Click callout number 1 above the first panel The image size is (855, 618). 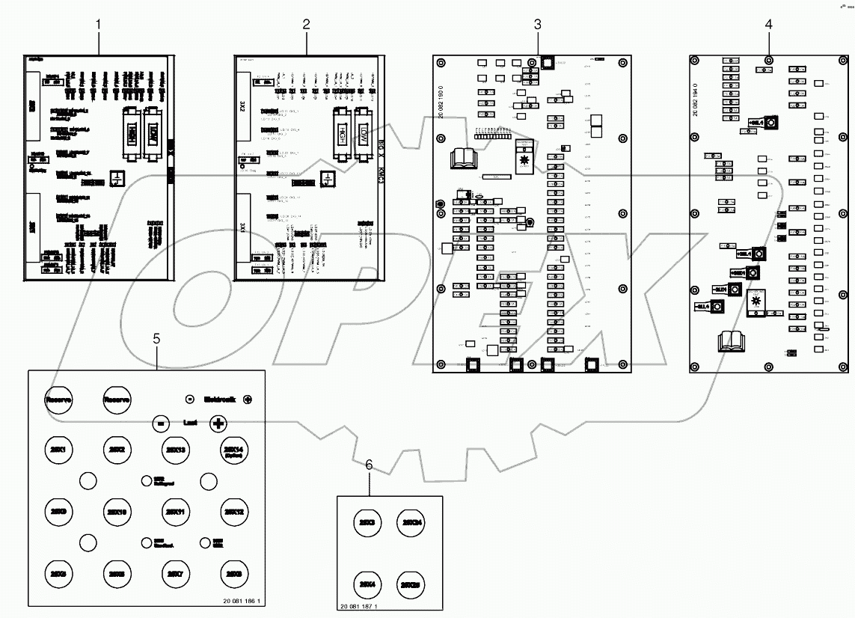point(97,24)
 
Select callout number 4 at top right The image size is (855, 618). point(769,24)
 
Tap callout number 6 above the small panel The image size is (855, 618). point(369,465)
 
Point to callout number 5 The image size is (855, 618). point(156,338)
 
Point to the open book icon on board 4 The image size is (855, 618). point(730,342)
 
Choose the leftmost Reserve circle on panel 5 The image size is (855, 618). point(58,399)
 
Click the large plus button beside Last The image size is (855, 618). point(218,423)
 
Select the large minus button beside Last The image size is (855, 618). point(160,423)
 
